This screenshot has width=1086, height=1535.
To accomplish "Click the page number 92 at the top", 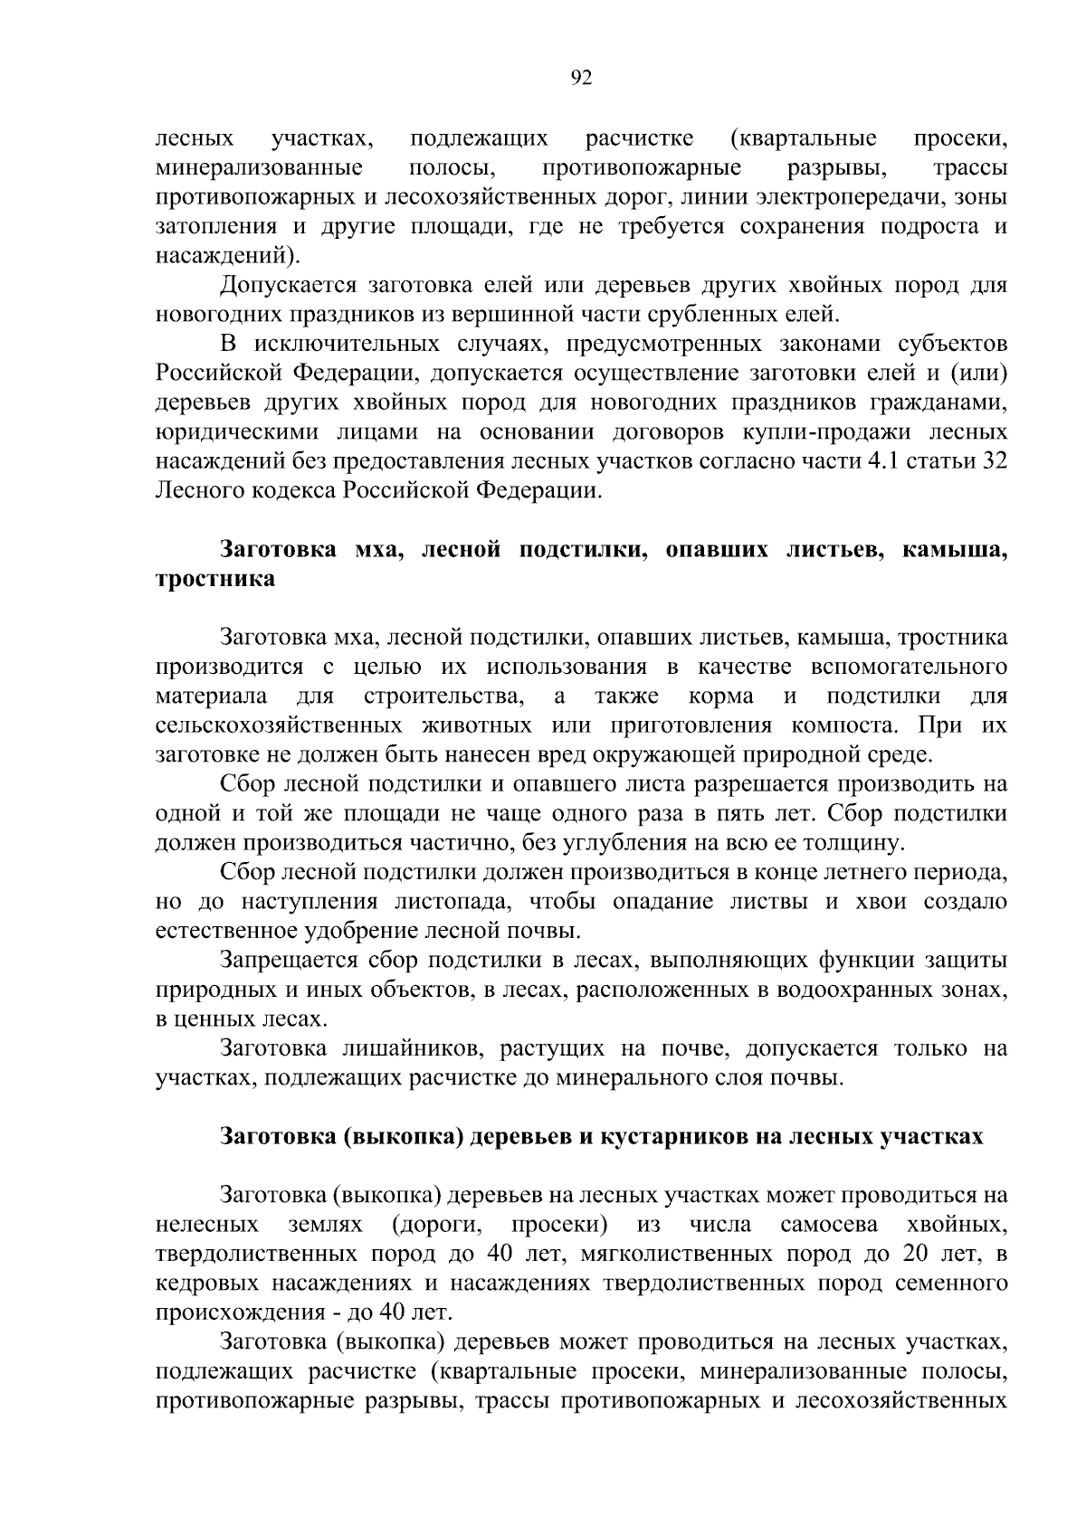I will click(x=581, y=79).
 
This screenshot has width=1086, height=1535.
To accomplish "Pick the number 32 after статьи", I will click(x=993, y=461).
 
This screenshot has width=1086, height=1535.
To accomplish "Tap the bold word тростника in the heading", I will click(x=215, y=580).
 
